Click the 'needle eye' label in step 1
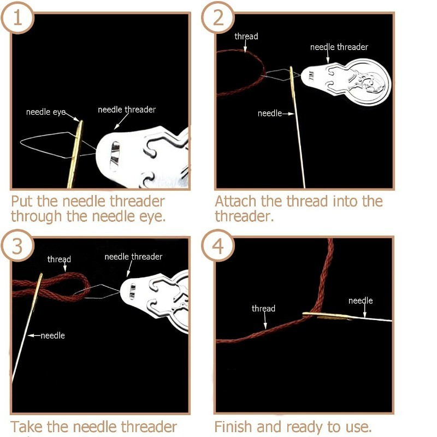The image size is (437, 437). (45, 113)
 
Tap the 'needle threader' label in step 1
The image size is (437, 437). (127, 110)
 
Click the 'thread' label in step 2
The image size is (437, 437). (246, 37)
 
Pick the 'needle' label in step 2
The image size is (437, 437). (269, 113)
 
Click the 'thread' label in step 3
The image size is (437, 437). (59, 259)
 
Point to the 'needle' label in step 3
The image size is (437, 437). (52, 335)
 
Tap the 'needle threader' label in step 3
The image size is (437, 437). (133, 257)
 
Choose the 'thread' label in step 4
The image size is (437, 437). (263, 309)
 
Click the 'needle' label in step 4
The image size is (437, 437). (361, 301)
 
